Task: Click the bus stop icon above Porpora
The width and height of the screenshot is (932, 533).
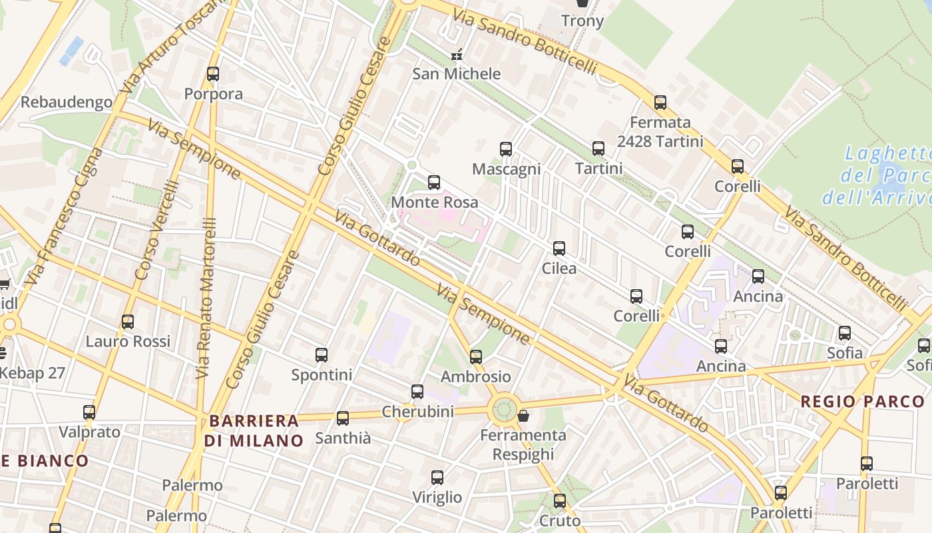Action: click(213, 74)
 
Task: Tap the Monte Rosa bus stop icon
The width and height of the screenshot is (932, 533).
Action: click(434, 182)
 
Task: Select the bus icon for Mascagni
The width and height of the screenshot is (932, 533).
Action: click(506, 149)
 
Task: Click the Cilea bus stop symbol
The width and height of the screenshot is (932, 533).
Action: click(559, 249)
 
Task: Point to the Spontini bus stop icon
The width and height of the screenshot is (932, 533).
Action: click(322, 355)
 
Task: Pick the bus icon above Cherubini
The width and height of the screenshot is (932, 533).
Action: click(417, 392)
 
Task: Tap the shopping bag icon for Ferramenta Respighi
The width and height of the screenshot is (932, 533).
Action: click(524, 416)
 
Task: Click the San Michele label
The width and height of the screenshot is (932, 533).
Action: click(456, 73)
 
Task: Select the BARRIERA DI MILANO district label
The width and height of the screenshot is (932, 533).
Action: click(254, 430)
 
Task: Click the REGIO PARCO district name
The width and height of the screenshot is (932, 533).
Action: click(862, 401)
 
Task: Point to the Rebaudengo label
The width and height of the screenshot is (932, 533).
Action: click(67, 102)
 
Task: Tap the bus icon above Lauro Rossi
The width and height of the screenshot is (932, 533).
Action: click(128, 322)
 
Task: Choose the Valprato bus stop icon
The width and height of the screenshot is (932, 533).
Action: click(89, 412)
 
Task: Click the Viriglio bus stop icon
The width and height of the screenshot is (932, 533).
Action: click(437, 478)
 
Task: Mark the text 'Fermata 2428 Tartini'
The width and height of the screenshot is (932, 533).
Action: click(660, 132)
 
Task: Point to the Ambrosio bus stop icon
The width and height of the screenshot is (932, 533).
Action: click(476, 357)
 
